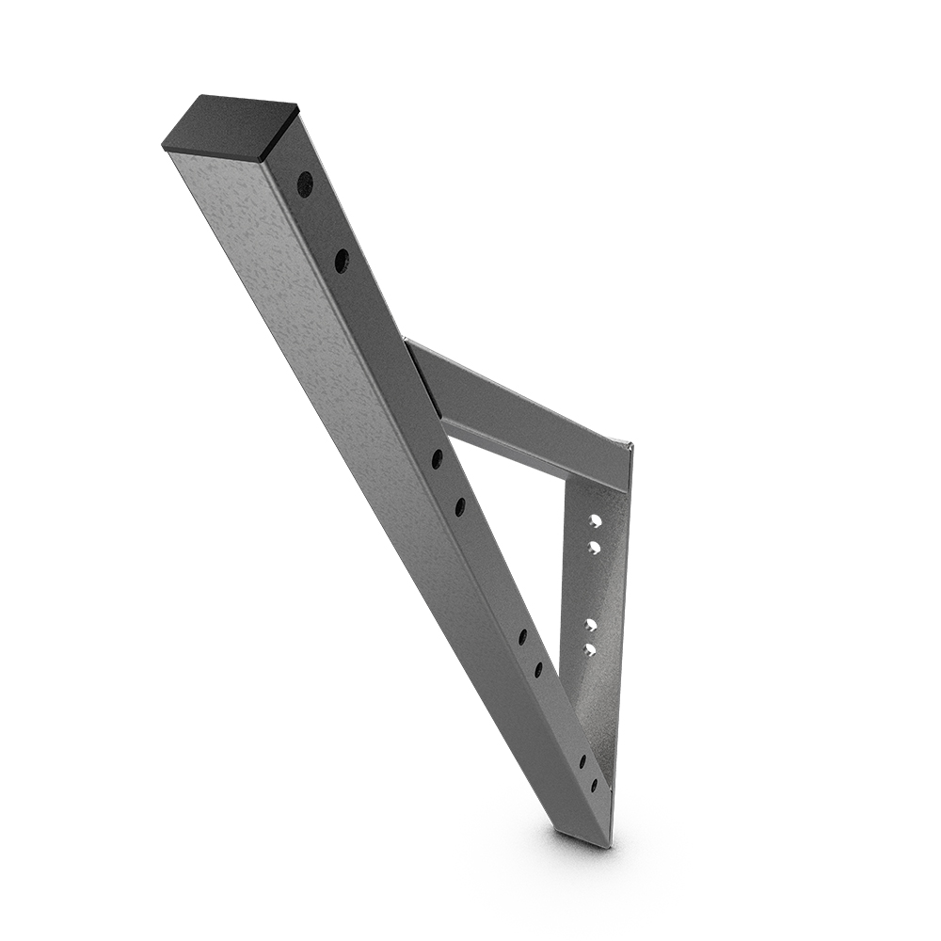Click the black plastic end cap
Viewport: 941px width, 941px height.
231,127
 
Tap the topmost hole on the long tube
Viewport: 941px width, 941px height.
305,184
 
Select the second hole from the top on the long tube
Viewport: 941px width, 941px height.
341,261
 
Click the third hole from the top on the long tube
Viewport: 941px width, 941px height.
438,459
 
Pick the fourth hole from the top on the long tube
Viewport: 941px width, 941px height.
460,507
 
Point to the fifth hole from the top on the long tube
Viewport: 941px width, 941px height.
522,637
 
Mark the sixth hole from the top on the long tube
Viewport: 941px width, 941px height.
538,669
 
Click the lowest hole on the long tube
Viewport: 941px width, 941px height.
594,784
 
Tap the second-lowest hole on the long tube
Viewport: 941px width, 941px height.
582,760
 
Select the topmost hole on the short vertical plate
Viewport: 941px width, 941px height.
595,521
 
